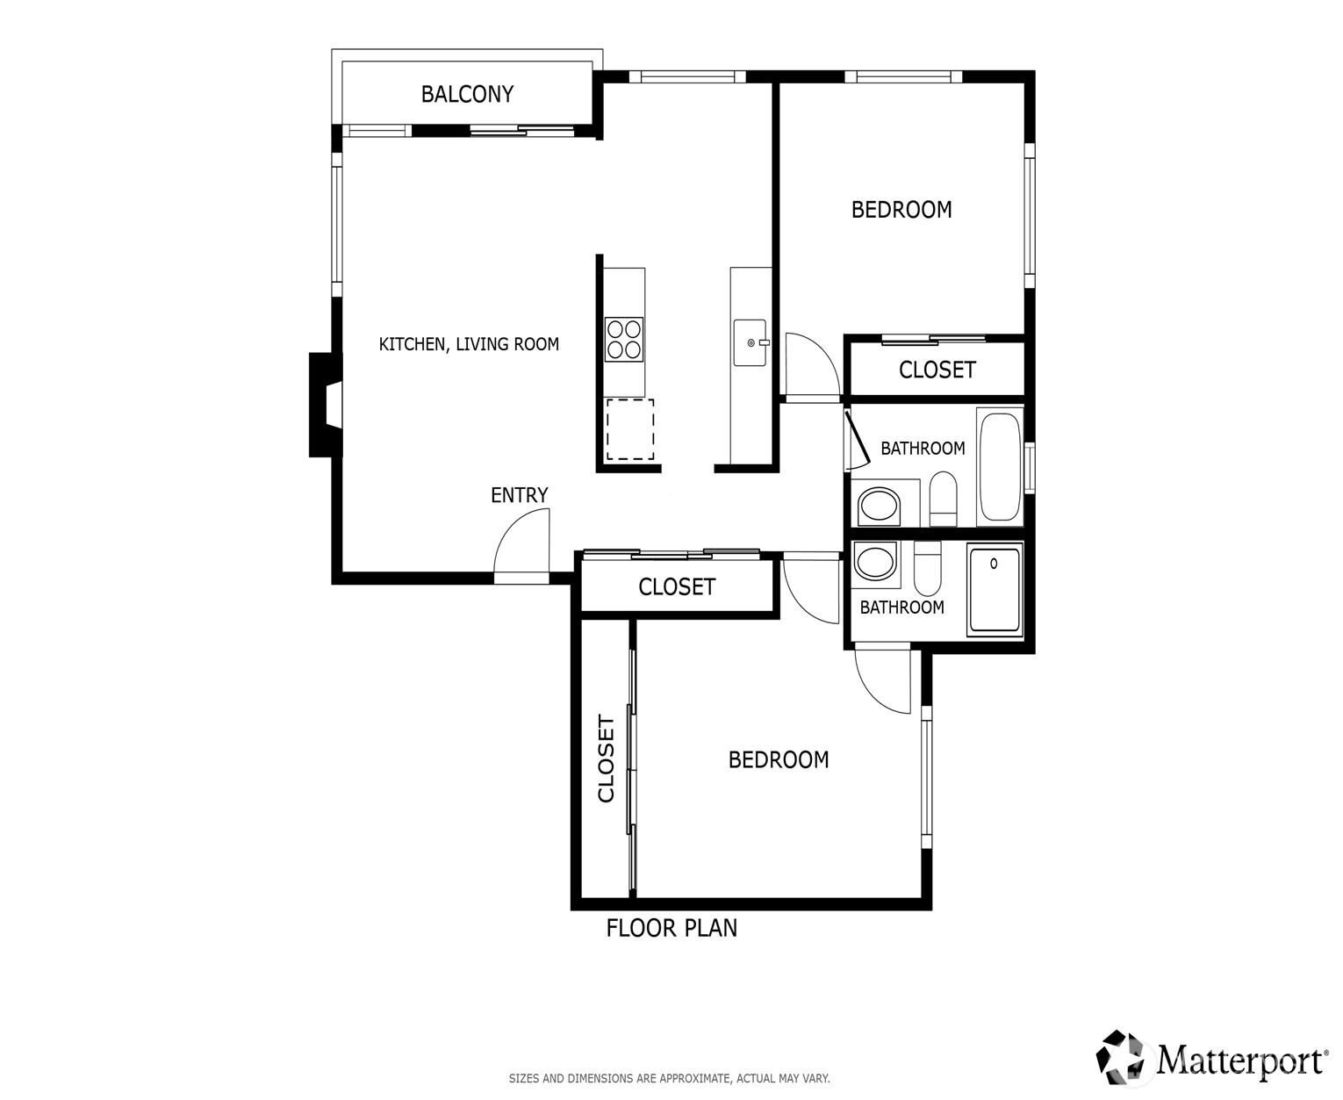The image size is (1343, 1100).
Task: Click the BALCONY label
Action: coord(467,94)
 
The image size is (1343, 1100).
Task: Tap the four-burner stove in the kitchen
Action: coord(624,339)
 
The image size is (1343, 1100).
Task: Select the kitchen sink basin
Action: coord(750,342)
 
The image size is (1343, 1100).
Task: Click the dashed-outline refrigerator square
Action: coord(629,428)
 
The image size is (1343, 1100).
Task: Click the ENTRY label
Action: coord(519,495)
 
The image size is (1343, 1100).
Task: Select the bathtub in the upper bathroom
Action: coord(1000,465)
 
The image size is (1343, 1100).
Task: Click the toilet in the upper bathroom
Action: coord(943,498)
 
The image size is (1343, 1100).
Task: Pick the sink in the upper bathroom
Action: coord(879,506)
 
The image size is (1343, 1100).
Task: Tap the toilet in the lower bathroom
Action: coord(927,569)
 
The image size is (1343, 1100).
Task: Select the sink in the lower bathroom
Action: coord(875,563)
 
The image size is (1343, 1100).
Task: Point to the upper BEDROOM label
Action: coord(901,210)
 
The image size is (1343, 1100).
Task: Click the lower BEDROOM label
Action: coord(779,759)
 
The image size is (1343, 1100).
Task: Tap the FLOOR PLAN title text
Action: coord(671,928)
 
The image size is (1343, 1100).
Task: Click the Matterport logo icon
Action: coord(1122,1058)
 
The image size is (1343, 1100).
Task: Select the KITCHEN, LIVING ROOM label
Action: coord(469,344)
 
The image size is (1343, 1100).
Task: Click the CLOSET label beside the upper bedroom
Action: coord(937,370)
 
